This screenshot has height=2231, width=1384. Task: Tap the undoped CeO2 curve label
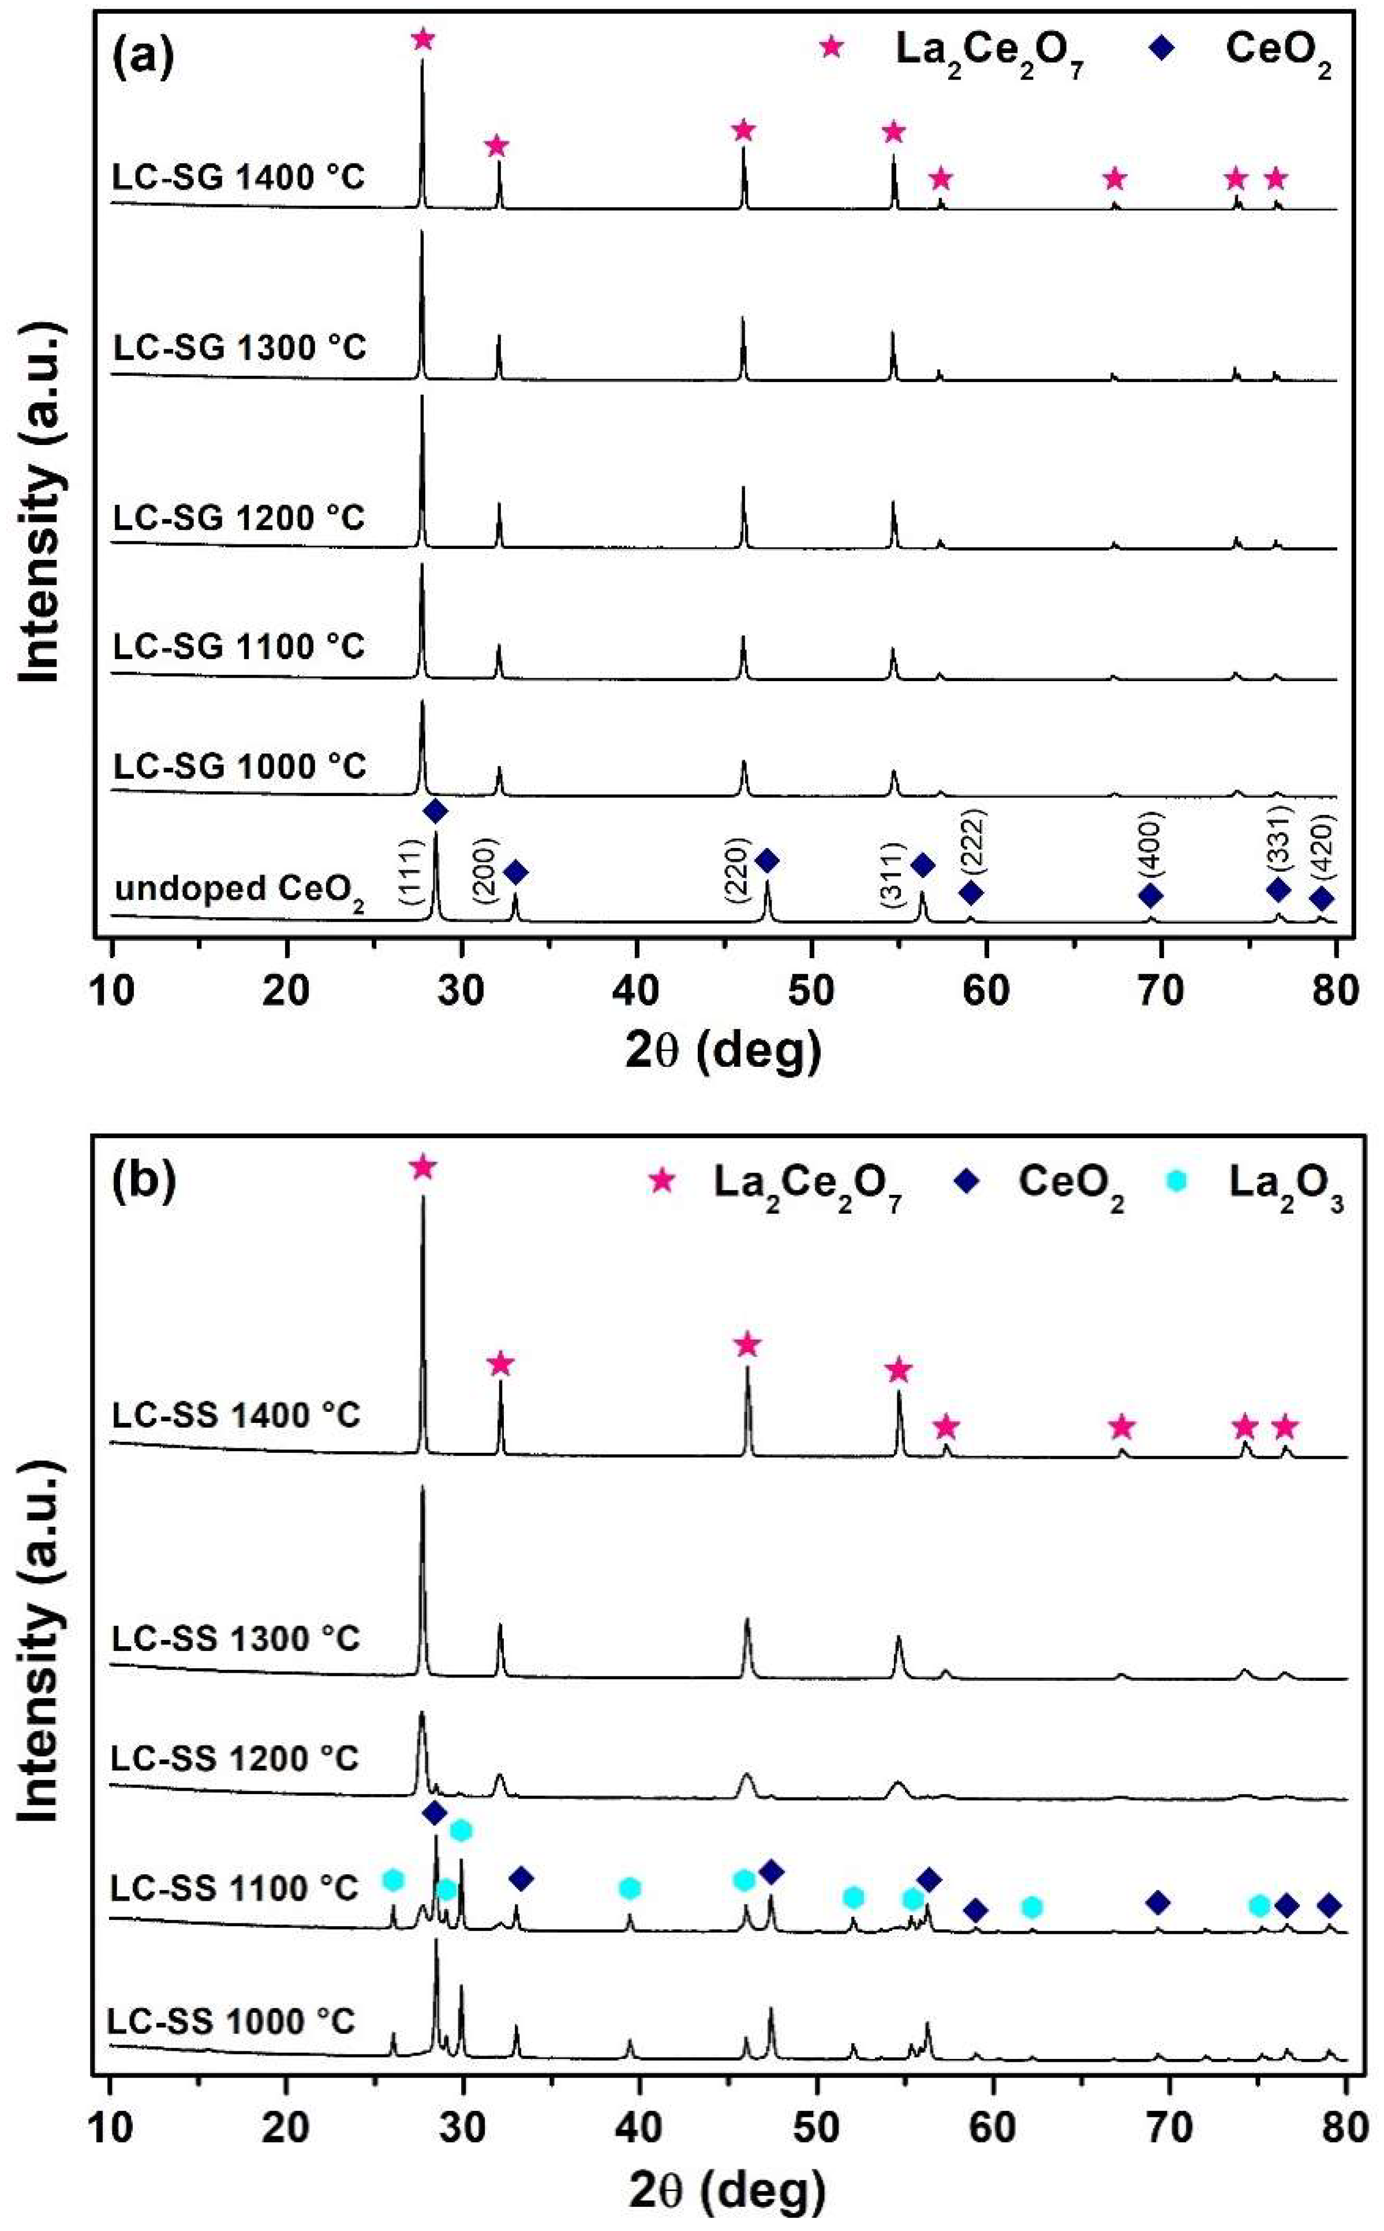tap(240, 891)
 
